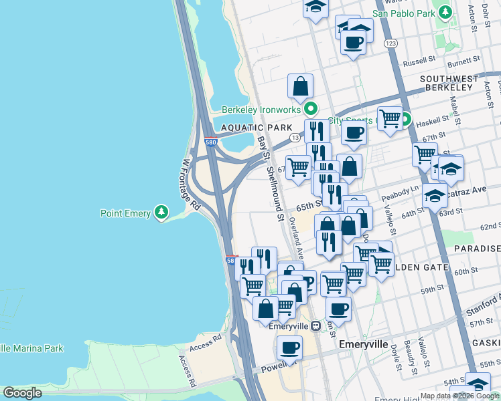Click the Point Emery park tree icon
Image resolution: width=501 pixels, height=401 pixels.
click(161, 213)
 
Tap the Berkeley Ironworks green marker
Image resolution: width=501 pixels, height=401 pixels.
click(310, 108)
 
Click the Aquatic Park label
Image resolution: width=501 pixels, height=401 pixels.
click(254, 127)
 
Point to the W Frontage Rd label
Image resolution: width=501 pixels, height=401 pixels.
click(192, 183)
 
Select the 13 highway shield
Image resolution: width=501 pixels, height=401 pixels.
click(294, 137)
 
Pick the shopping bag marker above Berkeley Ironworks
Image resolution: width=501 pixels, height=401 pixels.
click(301, 86)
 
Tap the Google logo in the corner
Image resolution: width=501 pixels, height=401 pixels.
click(22, 393)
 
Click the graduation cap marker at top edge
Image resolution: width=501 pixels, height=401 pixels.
click(315, 8)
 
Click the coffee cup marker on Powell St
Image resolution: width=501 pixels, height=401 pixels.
click(289, 348)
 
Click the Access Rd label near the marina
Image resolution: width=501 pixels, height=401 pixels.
click(205, 343)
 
